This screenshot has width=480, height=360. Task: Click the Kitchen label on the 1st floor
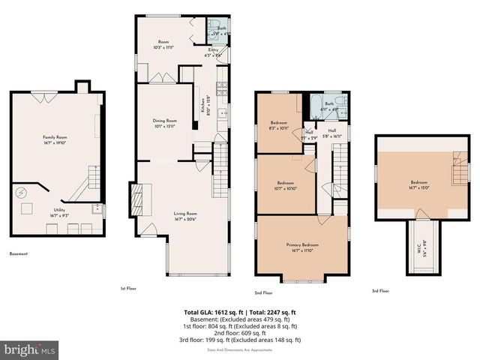pyautogui.click(x=203, y=107)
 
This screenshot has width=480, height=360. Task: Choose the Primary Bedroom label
pyautogui.click(x=301, y=245)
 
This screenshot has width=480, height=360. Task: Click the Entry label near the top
pyautogui.click(x=214, y=49)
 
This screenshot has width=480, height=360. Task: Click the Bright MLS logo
pyautogui.click(x=29, y=349)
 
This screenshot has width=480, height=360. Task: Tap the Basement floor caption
pyautogui.click(x=19, y=254)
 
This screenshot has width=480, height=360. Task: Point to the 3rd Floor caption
pyautogui.click(x=380, y=290)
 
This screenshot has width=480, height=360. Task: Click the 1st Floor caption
pyautogui.click(x=128, y=287)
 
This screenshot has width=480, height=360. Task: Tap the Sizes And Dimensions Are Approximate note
pyautogui.click(x=241, y=347)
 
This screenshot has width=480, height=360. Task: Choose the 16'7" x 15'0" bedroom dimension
pyautogui.click(x=418, y=188)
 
